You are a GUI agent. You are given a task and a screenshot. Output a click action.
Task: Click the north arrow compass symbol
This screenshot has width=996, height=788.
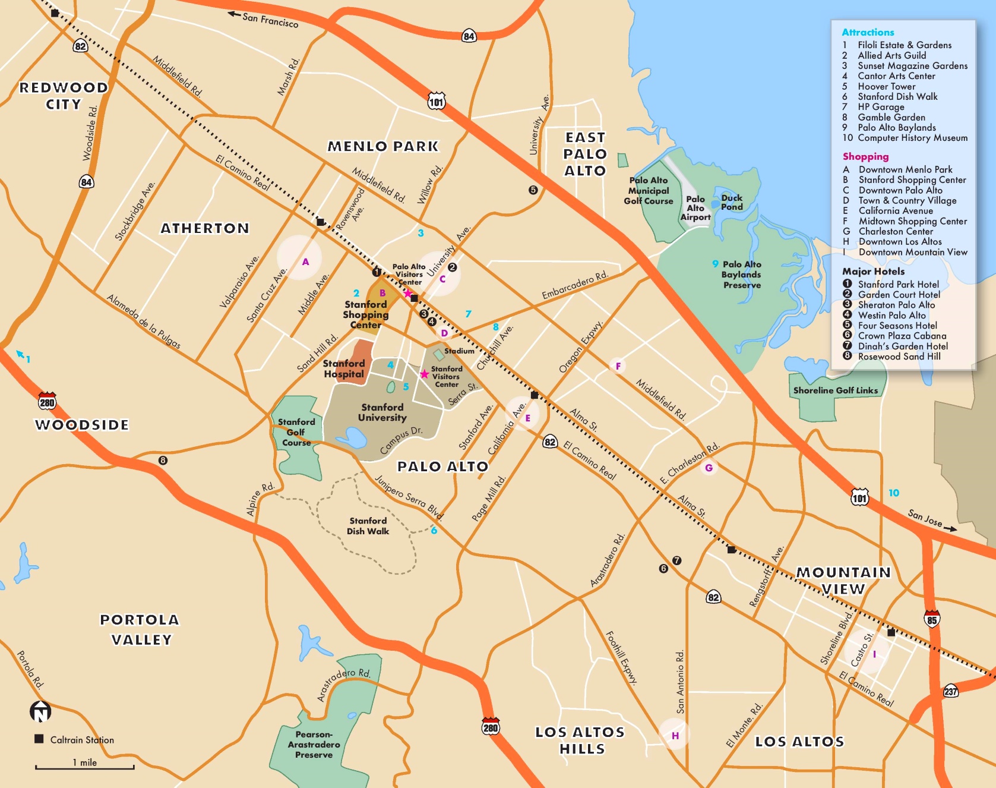tap(40, 711)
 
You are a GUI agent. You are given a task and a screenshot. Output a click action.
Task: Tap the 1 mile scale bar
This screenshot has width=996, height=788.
tap(84, 767)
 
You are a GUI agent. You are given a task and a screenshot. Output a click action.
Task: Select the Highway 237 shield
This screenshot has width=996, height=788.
tap(951, 691)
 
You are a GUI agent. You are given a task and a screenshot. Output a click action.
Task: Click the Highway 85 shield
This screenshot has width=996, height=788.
tap(932, 619)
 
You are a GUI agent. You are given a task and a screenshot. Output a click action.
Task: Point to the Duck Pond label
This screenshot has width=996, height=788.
tap(732, 202)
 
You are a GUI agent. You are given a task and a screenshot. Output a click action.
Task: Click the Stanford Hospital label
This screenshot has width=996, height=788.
tap(344, 368)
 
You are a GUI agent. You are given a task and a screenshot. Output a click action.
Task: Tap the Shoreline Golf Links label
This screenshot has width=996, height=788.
tap(835, 390)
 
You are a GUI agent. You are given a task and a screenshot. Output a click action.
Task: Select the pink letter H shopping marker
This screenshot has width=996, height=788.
tap(675, 736)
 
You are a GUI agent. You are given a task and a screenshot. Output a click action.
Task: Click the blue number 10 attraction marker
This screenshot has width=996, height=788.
tap(894, 493)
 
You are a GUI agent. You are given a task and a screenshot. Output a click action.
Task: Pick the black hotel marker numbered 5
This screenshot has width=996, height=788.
tap(533, 190)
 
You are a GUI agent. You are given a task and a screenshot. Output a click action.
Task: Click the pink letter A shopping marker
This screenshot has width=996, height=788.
tap(305, 261)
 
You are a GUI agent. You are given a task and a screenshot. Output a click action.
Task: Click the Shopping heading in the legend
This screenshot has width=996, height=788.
tap(865, 156)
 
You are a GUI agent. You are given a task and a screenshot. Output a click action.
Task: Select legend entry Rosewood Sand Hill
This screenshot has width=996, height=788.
tap(899, 357)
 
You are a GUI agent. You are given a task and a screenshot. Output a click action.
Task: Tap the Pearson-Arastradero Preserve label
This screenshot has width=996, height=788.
tap(314, 745)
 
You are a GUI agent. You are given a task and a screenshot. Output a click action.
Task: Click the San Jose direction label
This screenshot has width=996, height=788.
tap(925, 518)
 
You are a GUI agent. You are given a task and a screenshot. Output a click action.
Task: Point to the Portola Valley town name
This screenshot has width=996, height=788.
tap(140, 629)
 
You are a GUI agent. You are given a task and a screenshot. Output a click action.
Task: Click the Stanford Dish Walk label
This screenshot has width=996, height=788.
tap(368, 526)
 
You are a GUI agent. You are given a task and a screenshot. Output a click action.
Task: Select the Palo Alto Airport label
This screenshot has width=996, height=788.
tap(695, 208)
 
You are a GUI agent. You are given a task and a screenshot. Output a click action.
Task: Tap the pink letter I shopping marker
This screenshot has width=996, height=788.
tap(874, 654)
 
